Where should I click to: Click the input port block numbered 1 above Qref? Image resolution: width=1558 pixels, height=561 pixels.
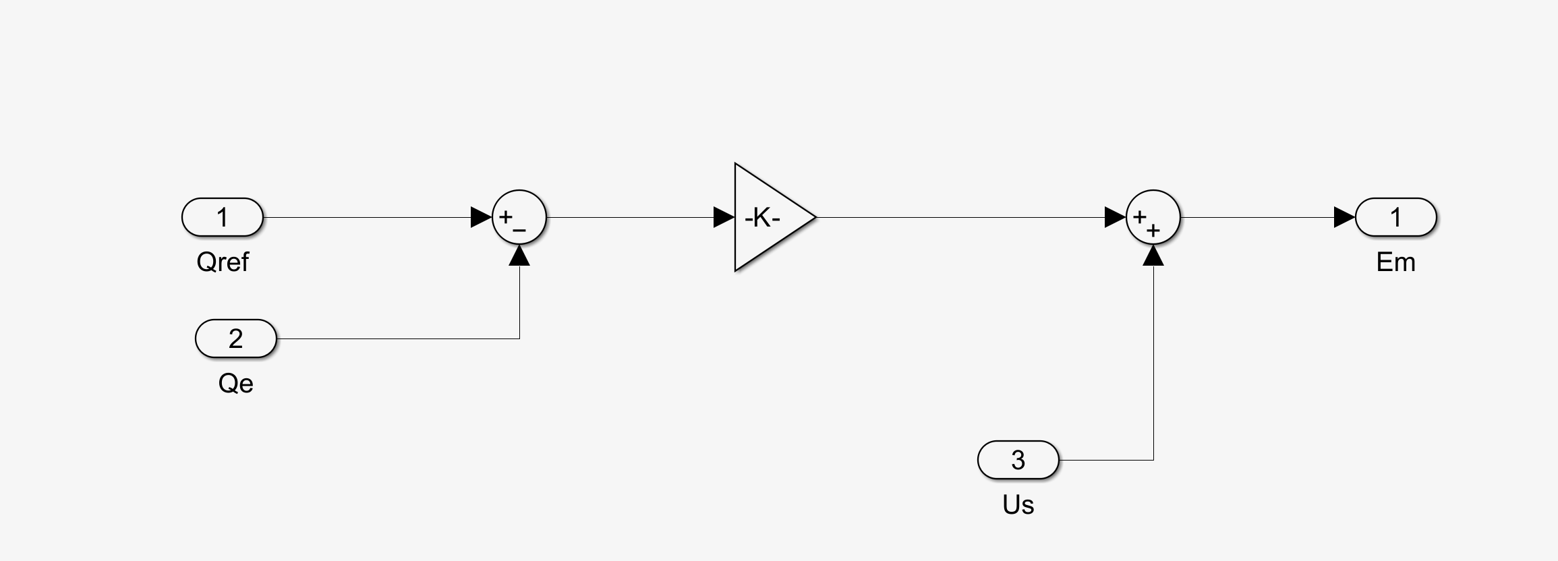(x=222, y=217)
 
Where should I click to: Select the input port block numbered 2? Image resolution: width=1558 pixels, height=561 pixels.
(x=235, y=338)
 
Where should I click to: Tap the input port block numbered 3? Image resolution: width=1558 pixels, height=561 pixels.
(x=1018, y=460)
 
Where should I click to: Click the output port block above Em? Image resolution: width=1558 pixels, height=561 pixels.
(x=1395, y=217)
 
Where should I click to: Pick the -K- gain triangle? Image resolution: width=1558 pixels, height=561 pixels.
(x=769, y=217)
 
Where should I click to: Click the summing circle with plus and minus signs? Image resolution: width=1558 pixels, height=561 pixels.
(x=519, y=217)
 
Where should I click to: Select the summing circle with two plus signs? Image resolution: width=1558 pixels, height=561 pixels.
(x=1153, y=217)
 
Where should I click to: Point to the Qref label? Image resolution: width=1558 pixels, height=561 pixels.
(x=222, y=262)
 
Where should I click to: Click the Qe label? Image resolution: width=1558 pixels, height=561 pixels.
(x=235, y=383)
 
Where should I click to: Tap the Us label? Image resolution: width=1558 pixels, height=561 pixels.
(x=1018, y=504)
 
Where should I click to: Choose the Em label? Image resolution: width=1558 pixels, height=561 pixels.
(x=1395, y=262)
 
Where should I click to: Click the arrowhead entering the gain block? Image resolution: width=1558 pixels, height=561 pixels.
(x=724, y=217)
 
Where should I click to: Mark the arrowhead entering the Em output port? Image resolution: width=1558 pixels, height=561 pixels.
(x=1344, y=217)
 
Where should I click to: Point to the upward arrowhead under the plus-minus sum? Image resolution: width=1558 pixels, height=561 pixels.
(x=519, y=256)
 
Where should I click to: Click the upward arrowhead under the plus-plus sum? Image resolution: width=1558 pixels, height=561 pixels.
(x=1153, y=256)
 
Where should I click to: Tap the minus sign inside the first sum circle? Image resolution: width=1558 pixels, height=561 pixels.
(x=519, y=231)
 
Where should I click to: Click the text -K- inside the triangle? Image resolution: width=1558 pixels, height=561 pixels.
(x=762, y=217)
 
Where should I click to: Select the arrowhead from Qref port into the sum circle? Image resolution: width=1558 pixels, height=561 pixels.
(x=481, y=217)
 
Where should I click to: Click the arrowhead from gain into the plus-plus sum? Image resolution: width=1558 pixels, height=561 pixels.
(x=1115, y=217)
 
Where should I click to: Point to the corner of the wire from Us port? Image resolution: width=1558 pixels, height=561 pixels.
(x=1153, y=460)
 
